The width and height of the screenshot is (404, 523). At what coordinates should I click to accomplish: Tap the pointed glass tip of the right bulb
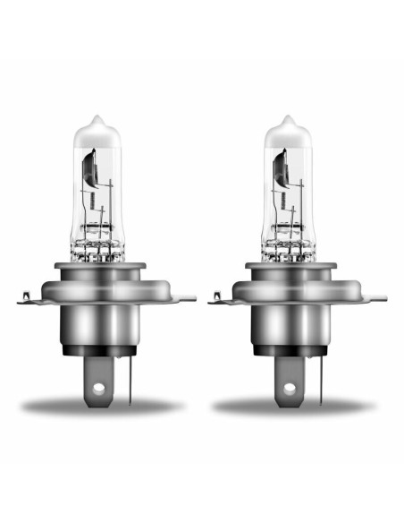coord(287,120)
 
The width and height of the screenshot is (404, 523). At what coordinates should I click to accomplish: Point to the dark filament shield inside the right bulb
coord(279,168)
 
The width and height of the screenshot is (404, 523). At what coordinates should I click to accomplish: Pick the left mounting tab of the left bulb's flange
coord(27,299)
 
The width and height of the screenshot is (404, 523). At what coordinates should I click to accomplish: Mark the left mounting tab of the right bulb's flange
coord(218,299)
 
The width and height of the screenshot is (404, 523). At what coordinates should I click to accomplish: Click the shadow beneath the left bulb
coord(103,407)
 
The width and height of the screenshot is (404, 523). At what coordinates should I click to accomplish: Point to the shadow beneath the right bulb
coord(295,407)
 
